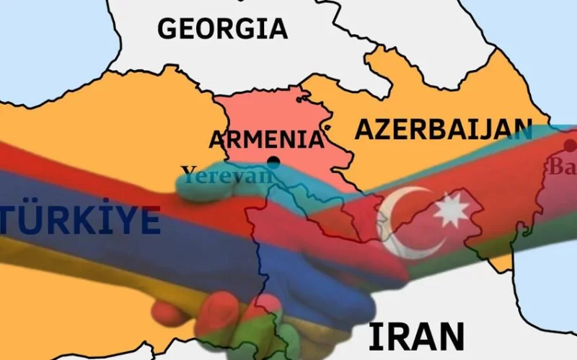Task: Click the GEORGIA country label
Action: point(222,29)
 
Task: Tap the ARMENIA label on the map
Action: point(265,139)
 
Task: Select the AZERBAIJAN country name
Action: point(443,129)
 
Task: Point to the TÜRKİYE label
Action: point(80,219)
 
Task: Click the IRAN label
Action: point(416,337)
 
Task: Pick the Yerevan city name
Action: point(228,174)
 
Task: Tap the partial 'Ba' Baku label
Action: point(563,167)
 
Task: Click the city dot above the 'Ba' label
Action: point(570,146)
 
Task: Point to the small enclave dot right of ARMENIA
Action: point(328,128)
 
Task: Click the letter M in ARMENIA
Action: point(255,139)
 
